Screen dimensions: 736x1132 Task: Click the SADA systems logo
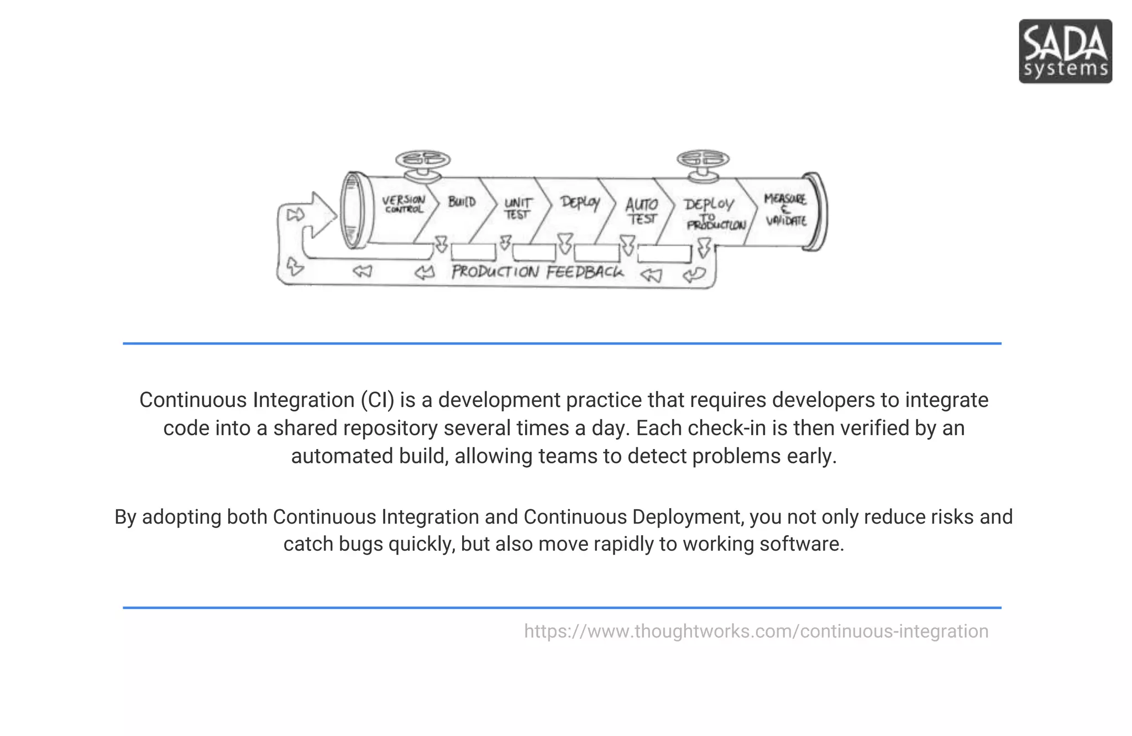1065,51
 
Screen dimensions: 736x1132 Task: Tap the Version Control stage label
404,204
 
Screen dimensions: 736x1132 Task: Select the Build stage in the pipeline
462,202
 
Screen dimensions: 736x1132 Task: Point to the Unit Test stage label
517,208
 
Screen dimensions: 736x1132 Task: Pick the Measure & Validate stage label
785,210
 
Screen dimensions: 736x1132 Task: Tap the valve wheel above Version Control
423,160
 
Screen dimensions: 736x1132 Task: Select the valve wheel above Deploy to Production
703,159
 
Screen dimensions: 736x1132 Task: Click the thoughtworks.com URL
756,631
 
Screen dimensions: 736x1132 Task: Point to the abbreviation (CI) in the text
378,400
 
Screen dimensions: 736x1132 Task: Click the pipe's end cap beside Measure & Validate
816,212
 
